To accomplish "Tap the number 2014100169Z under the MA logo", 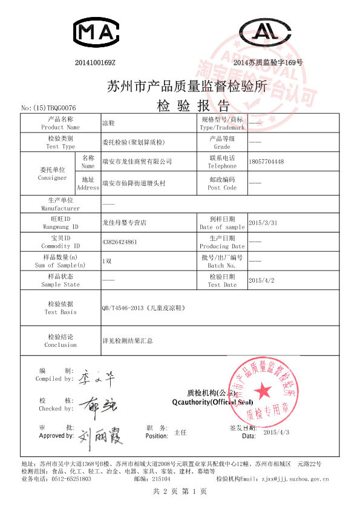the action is click(x=95, y=62).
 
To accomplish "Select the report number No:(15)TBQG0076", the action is click(x=48, y=107).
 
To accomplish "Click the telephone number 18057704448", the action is click(x=266, y=162).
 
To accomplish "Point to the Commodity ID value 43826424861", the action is click(x=123, y=242).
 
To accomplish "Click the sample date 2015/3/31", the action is click(x=263, y=223).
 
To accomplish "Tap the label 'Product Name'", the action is click(x=61, y=128).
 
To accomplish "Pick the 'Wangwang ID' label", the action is click(x=61, y=226).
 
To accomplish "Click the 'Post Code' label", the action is click(x=222, y=188).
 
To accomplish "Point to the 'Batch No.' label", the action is click(x=221, y=265).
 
